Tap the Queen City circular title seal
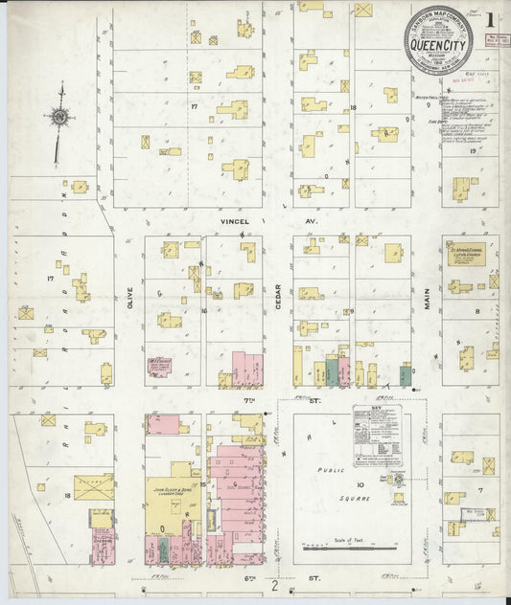437,39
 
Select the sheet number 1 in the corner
490,18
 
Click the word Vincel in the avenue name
235,221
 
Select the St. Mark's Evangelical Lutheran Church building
465,254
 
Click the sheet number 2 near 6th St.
274,586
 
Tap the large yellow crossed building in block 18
94,487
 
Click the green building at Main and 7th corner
406,375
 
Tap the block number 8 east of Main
475,311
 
